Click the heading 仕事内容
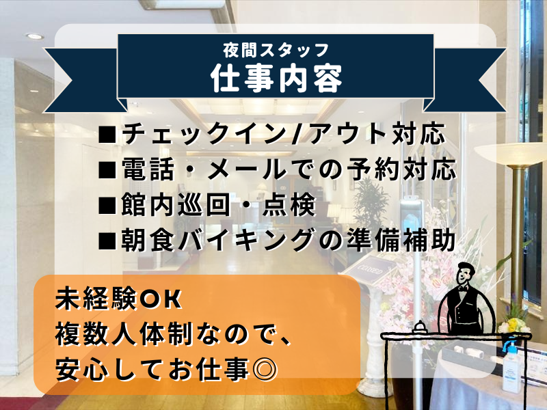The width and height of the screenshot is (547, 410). pyautogui.click(x=276, y=78)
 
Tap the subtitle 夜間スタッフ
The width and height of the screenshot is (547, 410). pyautogui.click(x=276, y=50)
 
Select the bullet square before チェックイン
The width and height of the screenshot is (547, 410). pyautogui.click(x=107, y=135)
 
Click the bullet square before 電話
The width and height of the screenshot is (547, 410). pyautogui.click(x=107, y=170)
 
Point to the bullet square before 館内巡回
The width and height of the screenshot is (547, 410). pyautogui.click(x=107, y=206)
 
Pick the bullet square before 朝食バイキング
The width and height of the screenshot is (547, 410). pyautogui.click(x=107, y=241)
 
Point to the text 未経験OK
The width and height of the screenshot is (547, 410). pyautogui.click(x=118, y=299)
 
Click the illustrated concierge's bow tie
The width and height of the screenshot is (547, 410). pyautogui.click(x=463, y=289)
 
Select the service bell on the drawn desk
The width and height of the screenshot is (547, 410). pyautogui.click(x=421, y=327)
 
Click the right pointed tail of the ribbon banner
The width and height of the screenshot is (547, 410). pyautogui.click(x=468, y=80)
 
